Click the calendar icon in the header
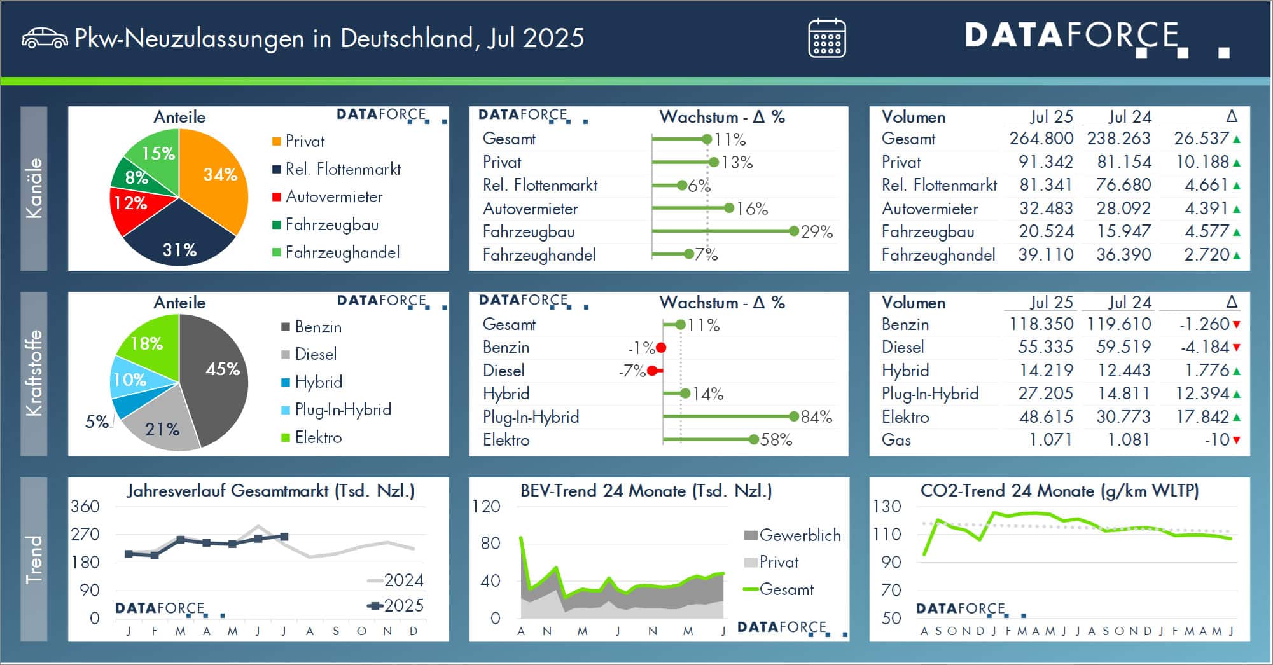tap(826, 38)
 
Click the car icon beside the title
tap(45, 38)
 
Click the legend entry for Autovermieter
tap(333, 197)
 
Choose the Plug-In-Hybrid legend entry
tap(342, 410)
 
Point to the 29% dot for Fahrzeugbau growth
tap(793, 231)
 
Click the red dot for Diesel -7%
tap(651, 371)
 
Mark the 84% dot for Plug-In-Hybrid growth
tap(793, 417)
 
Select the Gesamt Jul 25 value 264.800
tap(1041, 139)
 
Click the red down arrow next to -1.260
tap(1236, 324)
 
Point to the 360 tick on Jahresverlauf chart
tap(85, 507)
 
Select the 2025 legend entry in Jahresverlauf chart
tap(396, 606)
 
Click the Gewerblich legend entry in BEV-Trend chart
tap(792, 535)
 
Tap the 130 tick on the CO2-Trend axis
tap(887, 507)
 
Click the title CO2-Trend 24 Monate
tap(1059, 491)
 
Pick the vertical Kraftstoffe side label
tap(34, 373)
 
